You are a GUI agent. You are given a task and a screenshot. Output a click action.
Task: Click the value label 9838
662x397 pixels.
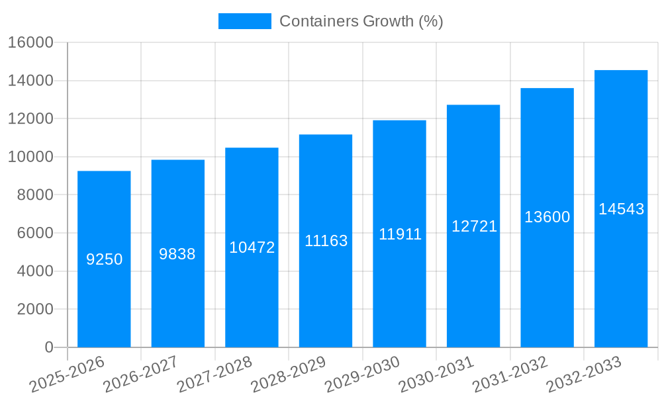[177, 254]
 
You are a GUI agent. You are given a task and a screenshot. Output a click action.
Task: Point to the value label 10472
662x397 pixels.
[252, 247]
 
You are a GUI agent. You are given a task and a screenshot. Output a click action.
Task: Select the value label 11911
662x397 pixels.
[400, 234]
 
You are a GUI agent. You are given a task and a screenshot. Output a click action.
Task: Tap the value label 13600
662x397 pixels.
[547, 217]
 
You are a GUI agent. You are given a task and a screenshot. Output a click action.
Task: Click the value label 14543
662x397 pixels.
[621, 209]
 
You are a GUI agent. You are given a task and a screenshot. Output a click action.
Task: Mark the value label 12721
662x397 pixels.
[474, 226]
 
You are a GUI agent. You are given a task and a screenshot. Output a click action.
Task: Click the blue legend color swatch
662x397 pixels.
[244, 21]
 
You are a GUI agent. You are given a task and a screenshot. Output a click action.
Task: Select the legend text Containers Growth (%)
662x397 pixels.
[361, 21]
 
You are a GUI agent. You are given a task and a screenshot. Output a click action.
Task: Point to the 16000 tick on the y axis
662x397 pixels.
[30, 42]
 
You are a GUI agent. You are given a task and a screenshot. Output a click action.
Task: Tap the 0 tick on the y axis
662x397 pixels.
[48, 347]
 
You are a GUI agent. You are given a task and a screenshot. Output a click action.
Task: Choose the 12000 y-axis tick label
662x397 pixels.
[30, 119]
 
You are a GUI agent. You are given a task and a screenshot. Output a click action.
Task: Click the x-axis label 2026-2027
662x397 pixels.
[140, 375]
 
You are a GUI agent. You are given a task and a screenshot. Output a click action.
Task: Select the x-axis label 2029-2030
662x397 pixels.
[362, 375]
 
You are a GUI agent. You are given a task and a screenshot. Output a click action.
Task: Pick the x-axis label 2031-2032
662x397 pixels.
[510, 375]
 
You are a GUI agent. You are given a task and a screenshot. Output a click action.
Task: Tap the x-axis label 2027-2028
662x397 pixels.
[214, 375]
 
